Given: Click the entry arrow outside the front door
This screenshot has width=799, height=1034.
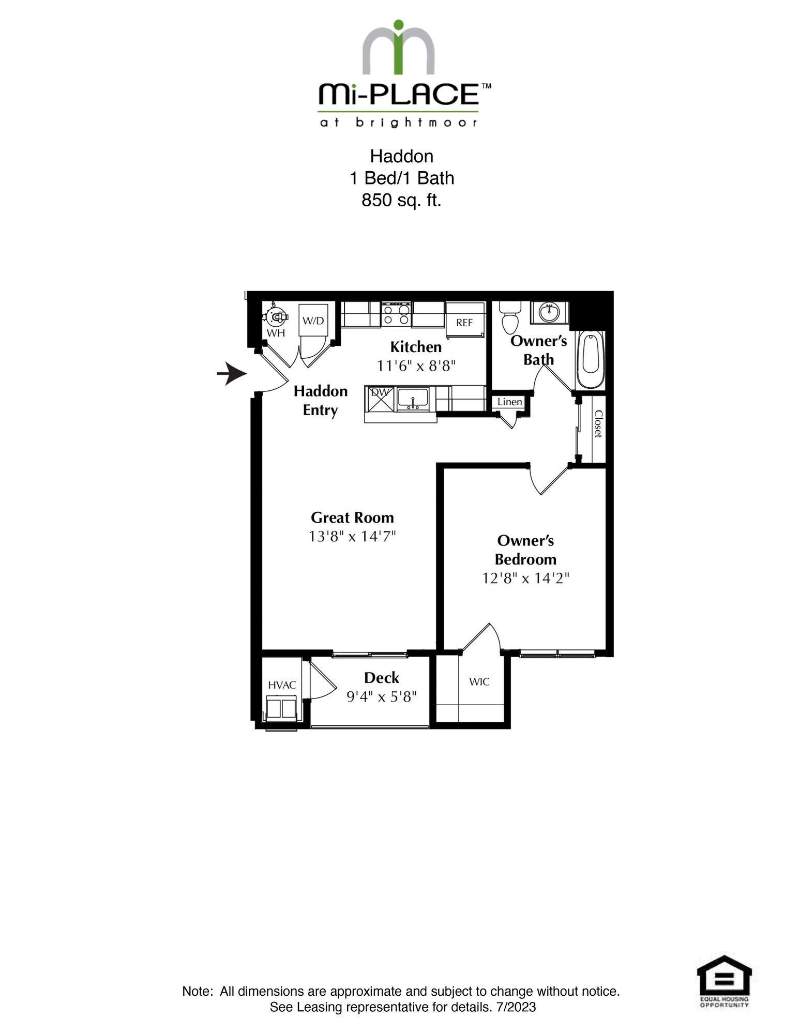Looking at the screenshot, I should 232,374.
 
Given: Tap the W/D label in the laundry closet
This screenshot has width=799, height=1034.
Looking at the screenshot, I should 313,321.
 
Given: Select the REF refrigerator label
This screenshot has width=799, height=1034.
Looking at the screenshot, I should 464,323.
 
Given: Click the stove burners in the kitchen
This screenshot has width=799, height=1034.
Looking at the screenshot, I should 397,315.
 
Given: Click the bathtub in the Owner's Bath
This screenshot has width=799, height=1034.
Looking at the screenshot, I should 591,360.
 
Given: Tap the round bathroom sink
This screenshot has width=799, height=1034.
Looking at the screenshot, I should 548,312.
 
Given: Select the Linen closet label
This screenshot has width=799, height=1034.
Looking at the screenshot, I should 510,402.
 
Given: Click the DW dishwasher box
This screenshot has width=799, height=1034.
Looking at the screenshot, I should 380,399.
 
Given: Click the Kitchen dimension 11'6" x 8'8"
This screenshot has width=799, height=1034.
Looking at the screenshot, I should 416,366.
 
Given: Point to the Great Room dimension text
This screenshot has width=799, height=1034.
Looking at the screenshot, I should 352,536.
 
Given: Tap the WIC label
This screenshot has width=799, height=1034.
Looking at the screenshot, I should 479,681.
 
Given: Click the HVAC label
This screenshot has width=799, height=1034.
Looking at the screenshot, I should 282,685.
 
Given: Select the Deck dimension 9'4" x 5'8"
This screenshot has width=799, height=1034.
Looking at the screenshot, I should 382,697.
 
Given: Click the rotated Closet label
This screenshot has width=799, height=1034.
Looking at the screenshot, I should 598,424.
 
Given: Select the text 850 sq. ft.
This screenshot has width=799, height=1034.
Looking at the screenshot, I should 401,200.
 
